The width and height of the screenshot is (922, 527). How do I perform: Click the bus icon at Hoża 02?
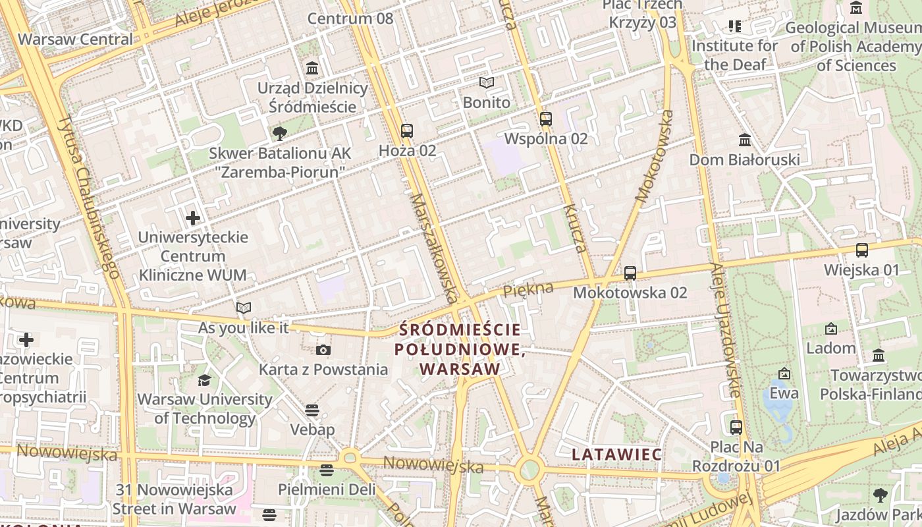407,131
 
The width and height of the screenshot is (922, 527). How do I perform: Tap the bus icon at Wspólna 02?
545,119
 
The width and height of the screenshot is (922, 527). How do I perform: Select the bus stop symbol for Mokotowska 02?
630,273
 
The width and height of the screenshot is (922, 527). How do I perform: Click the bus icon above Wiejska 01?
861,250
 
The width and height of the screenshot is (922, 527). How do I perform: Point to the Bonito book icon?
487,83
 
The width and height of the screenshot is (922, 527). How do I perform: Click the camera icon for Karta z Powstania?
323,350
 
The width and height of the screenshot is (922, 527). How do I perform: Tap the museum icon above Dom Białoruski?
745,140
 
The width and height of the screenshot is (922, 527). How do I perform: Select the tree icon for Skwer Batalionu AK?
280,134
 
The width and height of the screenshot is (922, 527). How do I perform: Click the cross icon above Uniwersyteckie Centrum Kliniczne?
193,217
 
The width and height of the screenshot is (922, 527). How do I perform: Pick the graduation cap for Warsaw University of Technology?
204,380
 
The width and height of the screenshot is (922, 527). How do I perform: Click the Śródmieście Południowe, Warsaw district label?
460,349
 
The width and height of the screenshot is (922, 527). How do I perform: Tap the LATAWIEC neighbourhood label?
616,454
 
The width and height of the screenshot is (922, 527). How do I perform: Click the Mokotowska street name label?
655,155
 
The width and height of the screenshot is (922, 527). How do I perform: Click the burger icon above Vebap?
312,410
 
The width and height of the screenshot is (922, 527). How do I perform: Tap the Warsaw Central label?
75,39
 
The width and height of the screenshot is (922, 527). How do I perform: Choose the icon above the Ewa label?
784,374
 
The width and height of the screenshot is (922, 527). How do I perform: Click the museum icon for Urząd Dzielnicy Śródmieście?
312,68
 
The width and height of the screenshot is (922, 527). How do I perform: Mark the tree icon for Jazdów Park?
880,495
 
